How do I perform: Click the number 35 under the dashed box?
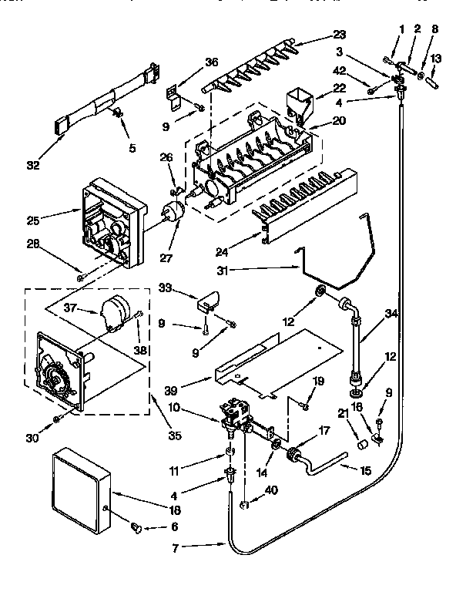tap(174, 436)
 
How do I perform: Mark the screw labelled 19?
tap(305, 405)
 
